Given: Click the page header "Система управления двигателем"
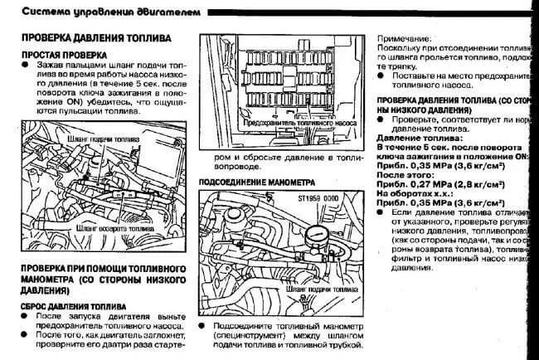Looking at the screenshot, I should [x=98, y=11].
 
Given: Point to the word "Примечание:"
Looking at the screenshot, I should [x=405, y=39].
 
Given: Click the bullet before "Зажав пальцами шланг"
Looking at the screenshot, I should [x=27, y=65].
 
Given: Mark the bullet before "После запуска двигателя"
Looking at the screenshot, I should [x=27, y=318].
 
